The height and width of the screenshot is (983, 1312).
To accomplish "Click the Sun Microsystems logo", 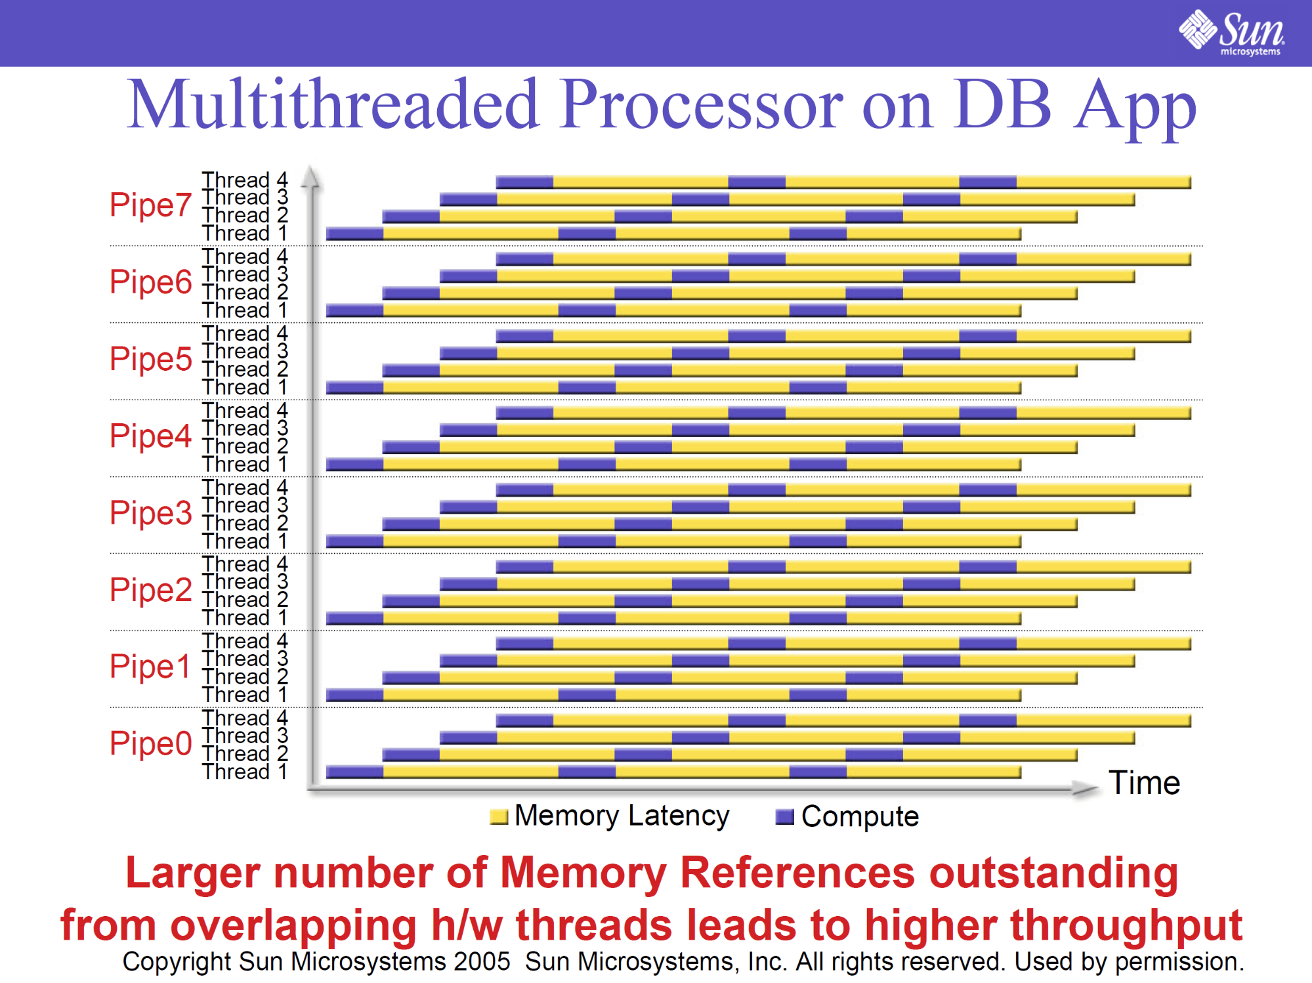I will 1231,31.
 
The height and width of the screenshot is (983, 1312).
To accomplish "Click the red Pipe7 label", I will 150,205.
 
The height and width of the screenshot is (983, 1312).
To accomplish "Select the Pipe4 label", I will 150,436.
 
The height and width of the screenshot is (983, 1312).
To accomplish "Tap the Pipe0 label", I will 150,743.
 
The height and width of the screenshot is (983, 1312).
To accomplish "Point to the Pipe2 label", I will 150,589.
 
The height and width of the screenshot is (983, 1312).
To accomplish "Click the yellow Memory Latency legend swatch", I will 499,817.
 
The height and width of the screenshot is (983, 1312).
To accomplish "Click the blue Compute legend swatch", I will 784,817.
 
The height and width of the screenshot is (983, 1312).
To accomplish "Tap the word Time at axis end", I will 1144,783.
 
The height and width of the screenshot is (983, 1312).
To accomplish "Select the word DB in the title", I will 1003,105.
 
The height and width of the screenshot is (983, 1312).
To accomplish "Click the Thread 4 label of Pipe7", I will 245,179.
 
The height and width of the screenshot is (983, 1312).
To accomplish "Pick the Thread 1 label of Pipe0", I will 245,772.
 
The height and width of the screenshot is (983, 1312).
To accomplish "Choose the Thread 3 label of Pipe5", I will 245,352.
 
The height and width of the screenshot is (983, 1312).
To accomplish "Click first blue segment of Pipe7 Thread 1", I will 354,234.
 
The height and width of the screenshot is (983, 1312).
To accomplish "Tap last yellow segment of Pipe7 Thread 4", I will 1103,182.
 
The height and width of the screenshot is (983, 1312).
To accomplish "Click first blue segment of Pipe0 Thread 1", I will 354,772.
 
